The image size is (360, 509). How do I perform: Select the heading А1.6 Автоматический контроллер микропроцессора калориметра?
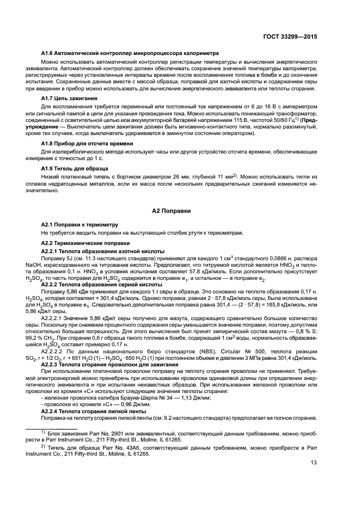pos(130,53)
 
